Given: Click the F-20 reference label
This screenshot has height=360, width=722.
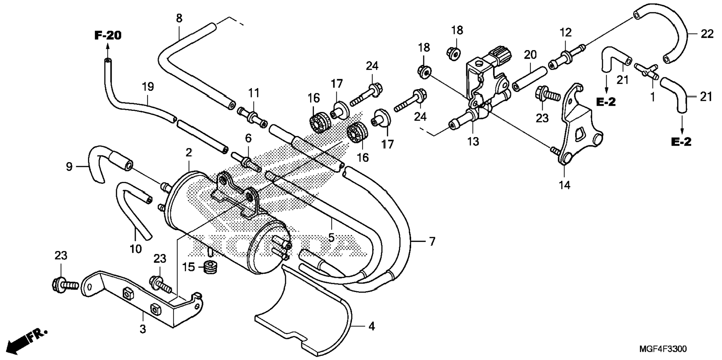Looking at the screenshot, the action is (x=108, y=36).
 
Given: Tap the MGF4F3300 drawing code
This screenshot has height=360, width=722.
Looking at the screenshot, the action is (x=663, y=349).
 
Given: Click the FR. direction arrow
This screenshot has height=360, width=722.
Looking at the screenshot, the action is (x=27, y=341).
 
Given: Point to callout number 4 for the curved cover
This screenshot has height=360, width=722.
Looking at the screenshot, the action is (x=371, y=326).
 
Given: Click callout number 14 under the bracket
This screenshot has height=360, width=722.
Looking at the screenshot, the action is (x=564, y=184).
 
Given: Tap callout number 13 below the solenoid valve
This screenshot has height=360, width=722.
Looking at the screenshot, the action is (x=473, y=142).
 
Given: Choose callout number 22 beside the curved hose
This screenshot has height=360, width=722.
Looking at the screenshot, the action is (x=707, y=34).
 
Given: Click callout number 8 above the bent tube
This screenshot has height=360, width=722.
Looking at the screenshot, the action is (x=179, y=18).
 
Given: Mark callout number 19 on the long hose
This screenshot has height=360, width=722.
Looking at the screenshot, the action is (x=148, y=87).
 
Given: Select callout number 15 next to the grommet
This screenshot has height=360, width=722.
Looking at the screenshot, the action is (x=189, y=267).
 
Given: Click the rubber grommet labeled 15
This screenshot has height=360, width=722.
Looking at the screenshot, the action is (x=212, y=268).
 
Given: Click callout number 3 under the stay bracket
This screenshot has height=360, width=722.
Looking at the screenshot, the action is (x=143, y=329).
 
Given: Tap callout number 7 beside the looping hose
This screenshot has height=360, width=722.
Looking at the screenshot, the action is (x=432, y=242).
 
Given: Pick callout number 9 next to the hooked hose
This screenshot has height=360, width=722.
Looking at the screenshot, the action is (x=69, y=167).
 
